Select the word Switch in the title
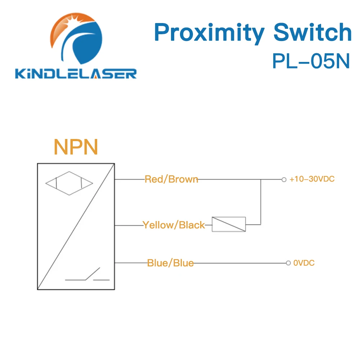312,33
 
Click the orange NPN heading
76,147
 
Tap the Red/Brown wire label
171,179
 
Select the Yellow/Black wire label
174,225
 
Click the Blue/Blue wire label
170,263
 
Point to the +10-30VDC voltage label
312,179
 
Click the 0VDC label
304,263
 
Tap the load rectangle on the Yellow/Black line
229,224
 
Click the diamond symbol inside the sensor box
69,184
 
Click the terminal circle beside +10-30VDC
284,179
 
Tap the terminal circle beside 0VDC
288,263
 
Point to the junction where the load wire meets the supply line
261,179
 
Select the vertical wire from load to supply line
261,202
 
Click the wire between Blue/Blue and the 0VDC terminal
239,263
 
